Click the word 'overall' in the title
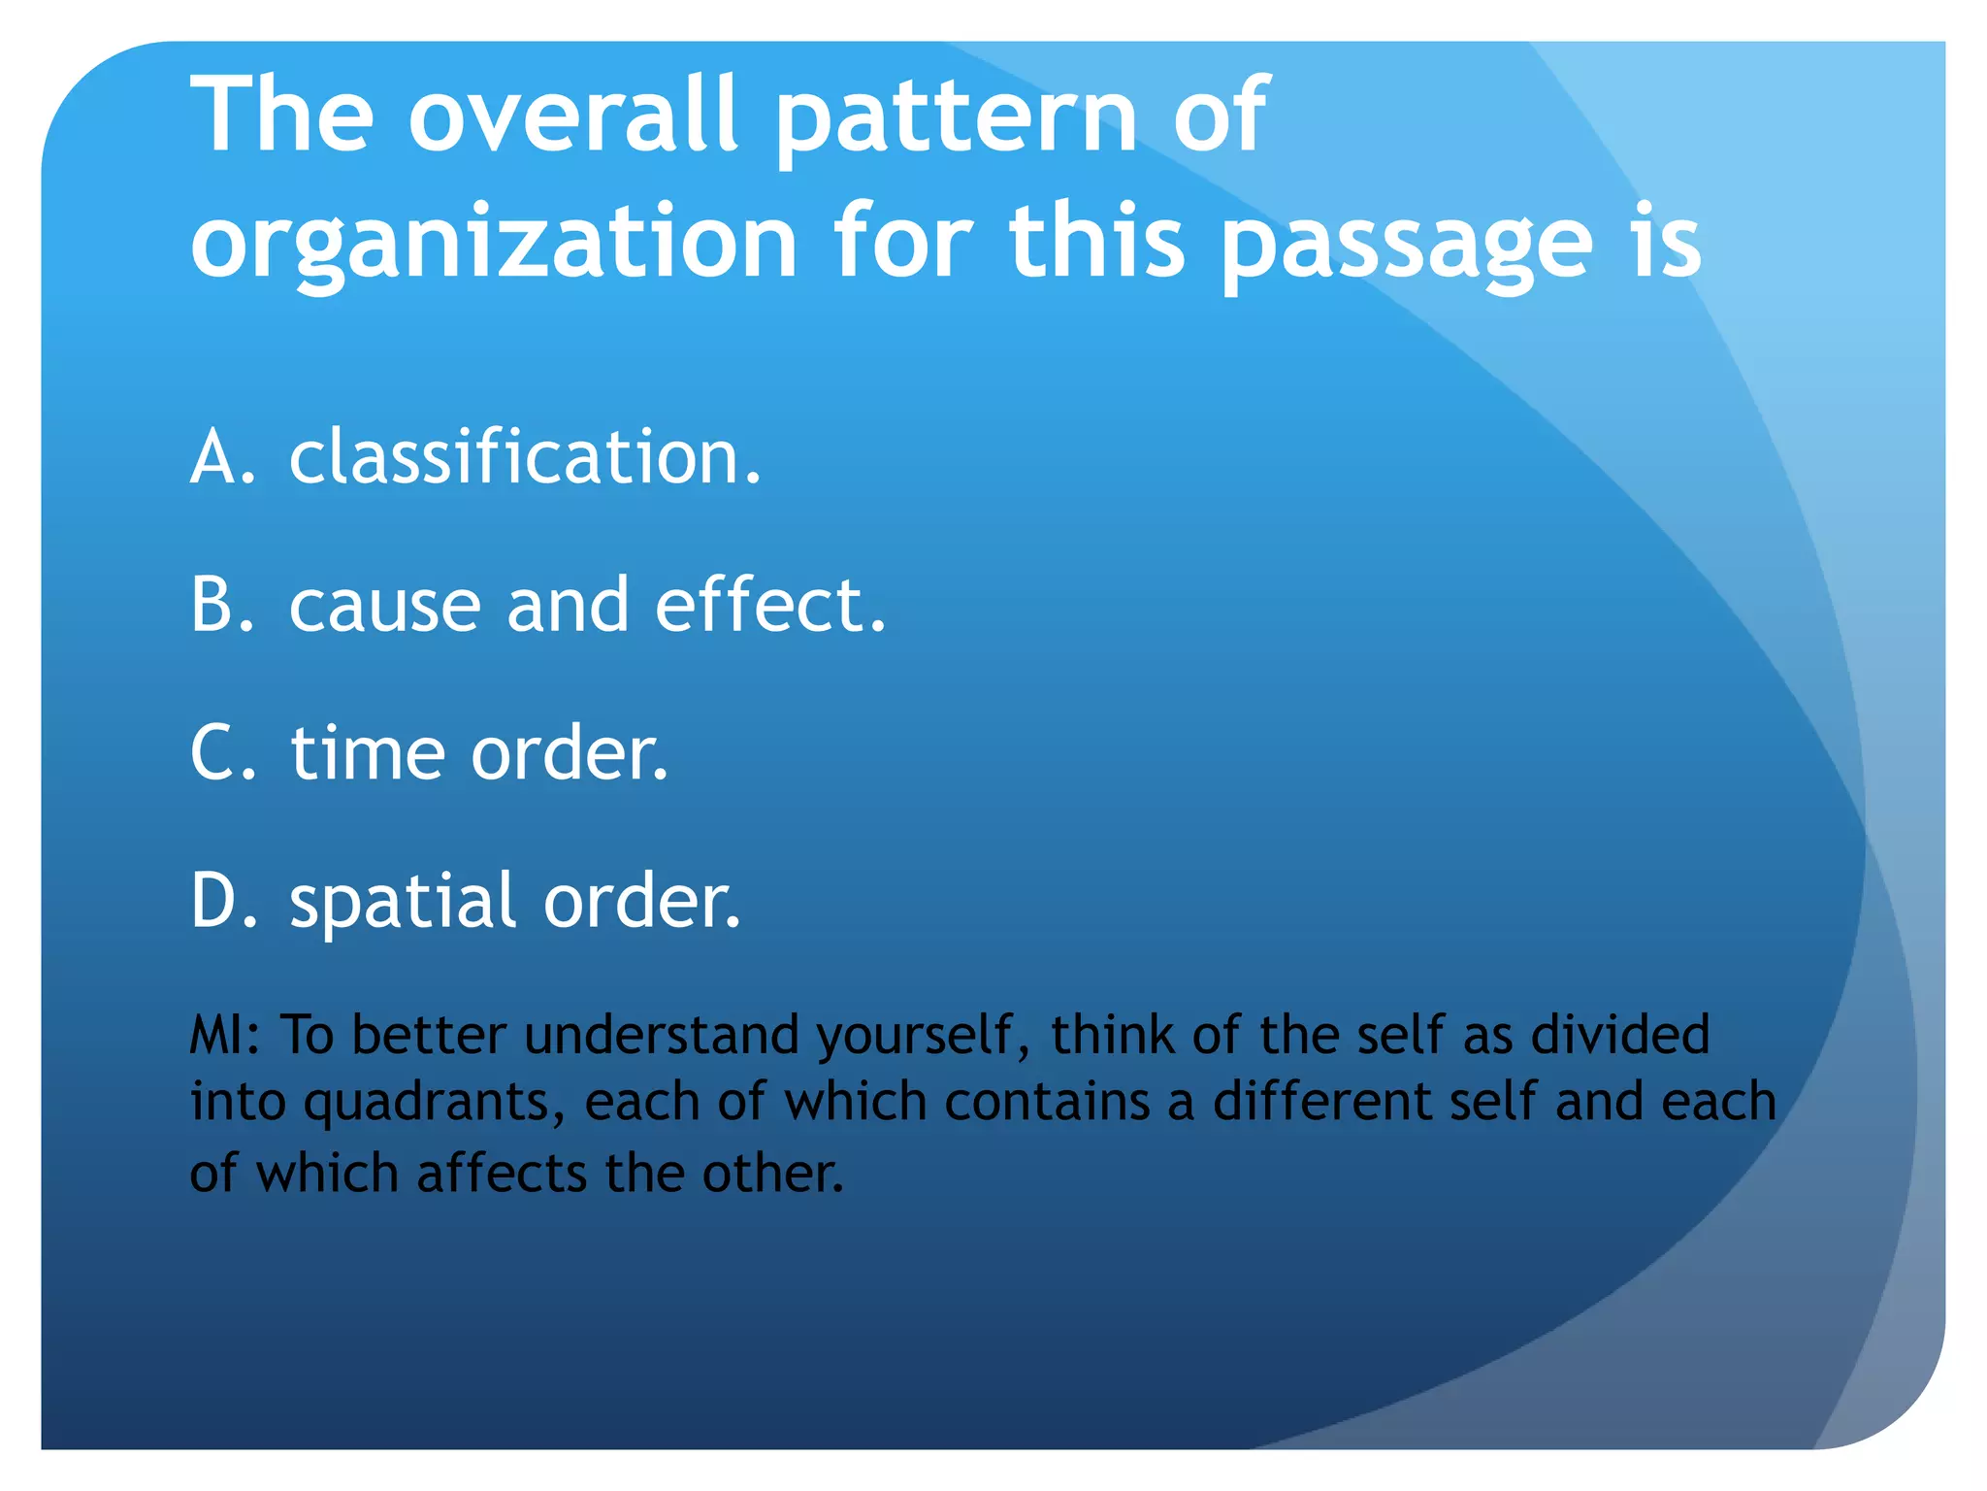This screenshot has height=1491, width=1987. tap(572, 116)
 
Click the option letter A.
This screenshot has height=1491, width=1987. tap(220, 456)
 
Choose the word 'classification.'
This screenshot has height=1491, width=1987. tap(525, 456)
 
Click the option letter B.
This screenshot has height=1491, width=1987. tap(220, 605)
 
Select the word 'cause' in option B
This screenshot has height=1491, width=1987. tap(385, 607)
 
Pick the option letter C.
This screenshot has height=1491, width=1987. tap(221, 752)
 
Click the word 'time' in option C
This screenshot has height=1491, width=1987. tap(368, 752)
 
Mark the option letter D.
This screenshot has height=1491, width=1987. tap(221, 901)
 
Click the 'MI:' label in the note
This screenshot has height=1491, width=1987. tap(225, 1035)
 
